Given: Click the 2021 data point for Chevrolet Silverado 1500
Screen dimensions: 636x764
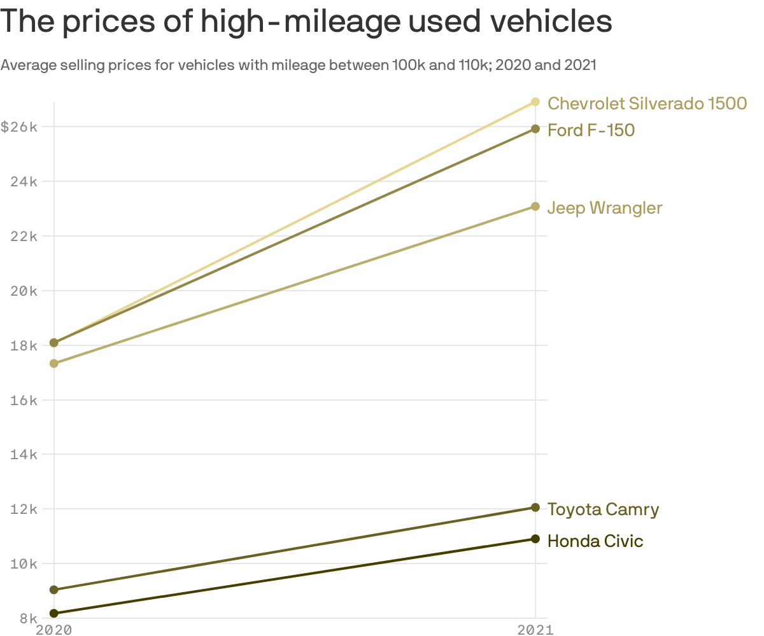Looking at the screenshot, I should click(535, 102).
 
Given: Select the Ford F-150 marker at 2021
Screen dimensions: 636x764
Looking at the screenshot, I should click(535, 129).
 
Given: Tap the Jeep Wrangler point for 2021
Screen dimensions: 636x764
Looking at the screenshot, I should click(535, 207).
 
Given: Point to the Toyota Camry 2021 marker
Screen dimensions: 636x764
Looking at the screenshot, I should click(535, 508).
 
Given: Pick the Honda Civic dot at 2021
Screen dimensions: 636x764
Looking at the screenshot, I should click(535, 539).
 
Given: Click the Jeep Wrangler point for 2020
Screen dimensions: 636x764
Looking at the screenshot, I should click(54, 364).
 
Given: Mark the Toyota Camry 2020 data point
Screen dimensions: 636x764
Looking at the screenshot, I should click(54, 590).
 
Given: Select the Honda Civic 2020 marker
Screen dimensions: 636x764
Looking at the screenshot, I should click(54, 614).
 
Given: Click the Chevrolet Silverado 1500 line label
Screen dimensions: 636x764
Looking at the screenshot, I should click(647, 103).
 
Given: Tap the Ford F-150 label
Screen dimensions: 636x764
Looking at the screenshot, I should click(591, 130).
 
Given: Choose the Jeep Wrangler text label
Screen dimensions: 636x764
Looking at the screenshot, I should click(605, 208).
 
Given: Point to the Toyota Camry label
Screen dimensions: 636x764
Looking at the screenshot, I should click(603, 509).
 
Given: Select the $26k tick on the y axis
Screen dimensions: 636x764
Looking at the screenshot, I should click(19, 127).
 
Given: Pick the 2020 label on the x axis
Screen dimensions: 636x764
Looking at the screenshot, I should click(54, 630).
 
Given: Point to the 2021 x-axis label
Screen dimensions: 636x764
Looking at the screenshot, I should click(535, 630).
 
